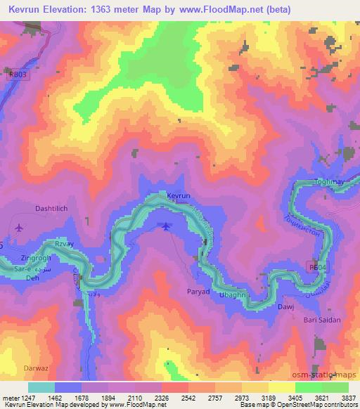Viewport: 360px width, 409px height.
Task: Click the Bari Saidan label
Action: click(322, 320)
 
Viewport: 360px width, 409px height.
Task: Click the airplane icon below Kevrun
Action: click(165, 226)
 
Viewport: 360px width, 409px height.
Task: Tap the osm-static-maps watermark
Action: click(328, 374)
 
